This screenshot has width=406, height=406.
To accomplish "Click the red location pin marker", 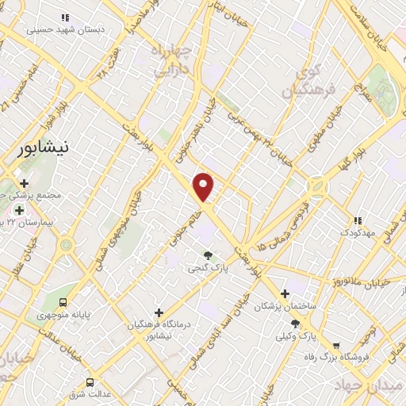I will (204, 187).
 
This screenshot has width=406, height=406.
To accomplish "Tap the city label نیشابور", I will (48, 149).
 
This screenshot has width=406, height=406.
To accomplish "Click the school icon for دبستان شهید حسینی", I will (65, 17).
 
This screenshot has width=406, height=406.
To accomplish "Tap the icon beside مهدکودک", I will (358, 220).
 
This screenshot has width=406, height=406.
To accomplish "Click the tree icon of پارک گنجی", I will (209, 255).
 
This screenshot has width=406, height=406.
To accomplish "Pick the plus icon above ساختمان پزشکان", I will (285, 293).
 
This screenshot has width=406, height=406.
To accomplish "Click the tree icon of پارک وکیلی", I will (296, 323).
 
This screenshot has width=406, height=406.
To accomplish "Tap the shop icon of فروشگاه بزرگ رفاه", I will (337, 345).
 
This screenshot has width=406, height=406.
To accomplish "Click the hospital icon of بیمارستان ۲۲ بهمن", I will (19, 210).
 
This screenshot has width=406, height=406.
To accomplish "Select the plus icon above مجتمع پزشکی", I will (25, 183).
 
